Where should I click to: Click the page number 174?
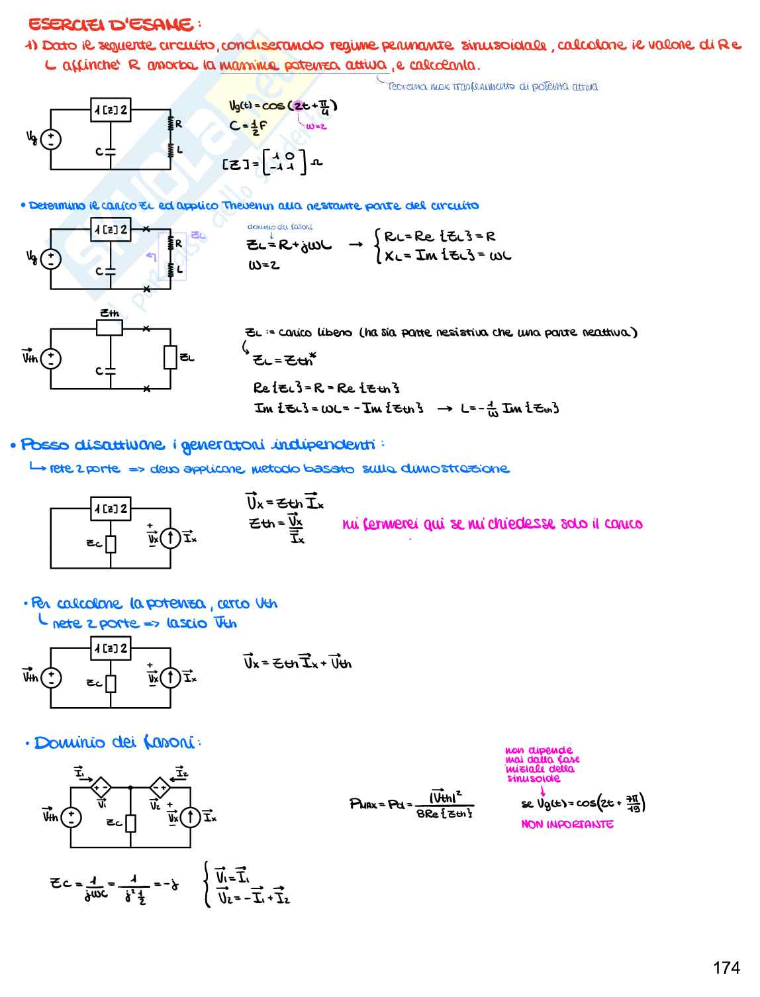coord(726,968)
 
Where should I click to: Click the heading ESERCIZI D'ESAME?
coord(111,25)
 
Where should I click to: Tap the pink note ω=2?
coord(316,126)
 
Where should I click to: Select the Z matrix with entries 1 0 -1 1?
coord(283,162)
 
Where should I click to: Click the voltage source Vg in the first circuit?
coord(51,140)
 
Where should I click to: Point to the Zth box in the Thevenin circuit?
coord(109,328)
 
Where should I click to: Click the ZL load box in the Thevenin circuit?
coord(171,357)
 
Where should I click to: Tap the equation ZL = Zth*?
coord(285,360)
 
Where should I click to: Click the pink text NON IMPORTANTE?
coord(567,824)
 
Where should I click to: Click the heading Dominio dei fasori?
coord(114,743)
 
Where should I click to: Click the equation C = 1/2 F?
coord(248,126)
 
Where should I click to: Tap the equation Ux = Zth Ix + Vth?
coord(297,662)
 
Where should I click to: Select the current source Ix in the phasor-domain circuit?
coord(191,817)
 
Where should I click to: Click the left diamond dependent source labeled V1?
coord(101,788)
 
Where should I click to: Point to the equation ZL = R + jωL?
coord(289,245)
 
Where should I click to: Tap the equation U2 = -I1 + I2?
coord(253,898)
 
